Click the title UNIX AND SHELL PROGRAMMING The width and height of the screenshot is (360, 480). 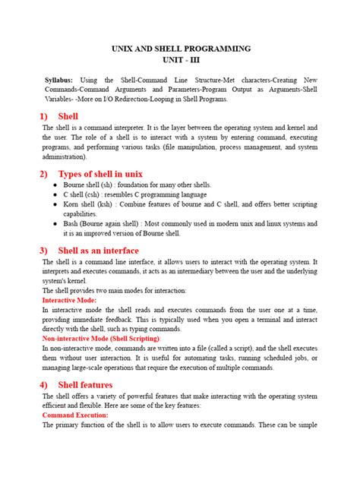click(x=179, y=49)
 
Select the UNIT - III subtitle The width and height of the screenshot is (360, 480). click(x=179, y=60)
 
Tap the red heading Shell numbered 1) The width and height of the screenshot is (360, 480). click(x=68, y=116)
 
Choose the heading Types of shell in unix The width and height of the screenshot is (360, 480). click(x=100, y=174)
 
